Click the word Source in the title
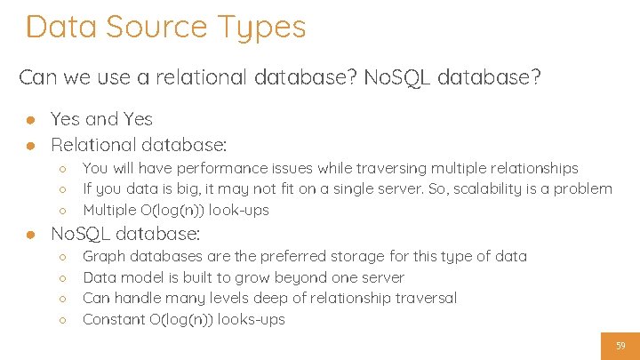(x=156, y=27)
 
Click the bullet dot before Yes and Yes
(x=30, y=120)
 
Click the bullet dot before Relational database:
(x=30, y=145)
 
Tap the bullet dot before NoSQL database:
(x=30, y=235)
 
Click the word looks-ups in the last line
(x=251, y=319)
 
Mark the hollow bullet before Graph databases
(x=63, y=257)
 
